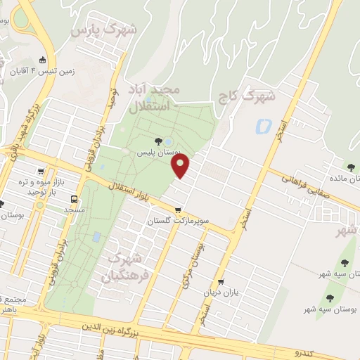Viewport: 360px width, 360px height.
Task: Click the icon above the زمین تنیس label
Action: point(43,60)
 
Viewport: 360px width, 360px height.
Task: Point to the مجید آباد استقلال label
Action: point(155,99)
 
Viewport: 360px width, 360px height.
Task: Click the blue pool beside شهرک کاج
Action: point(264,127)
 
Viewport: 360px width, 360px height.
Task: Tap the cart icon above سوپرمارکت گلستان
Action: point(179,210)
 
